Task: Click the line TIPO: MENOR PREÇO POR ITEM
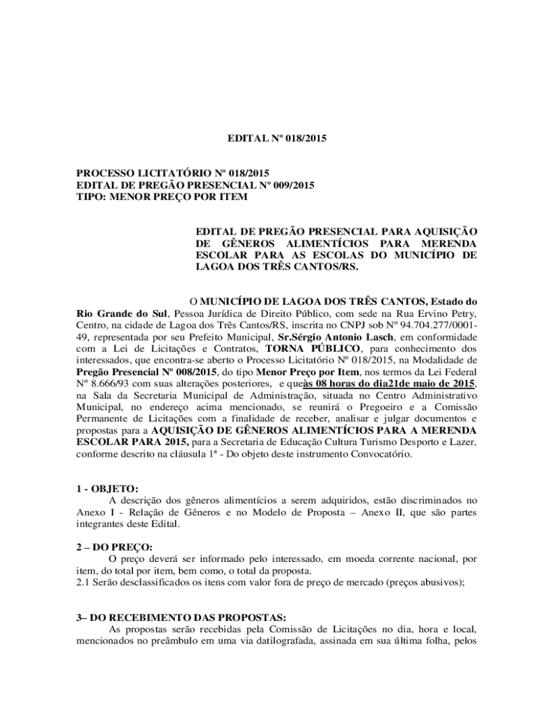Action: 161,197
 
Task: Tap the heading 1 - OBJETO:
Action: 108,489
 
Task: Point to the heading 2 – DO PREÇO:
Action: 114,547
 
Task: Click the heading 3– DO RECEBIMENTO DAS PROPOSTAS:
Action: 181,617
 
